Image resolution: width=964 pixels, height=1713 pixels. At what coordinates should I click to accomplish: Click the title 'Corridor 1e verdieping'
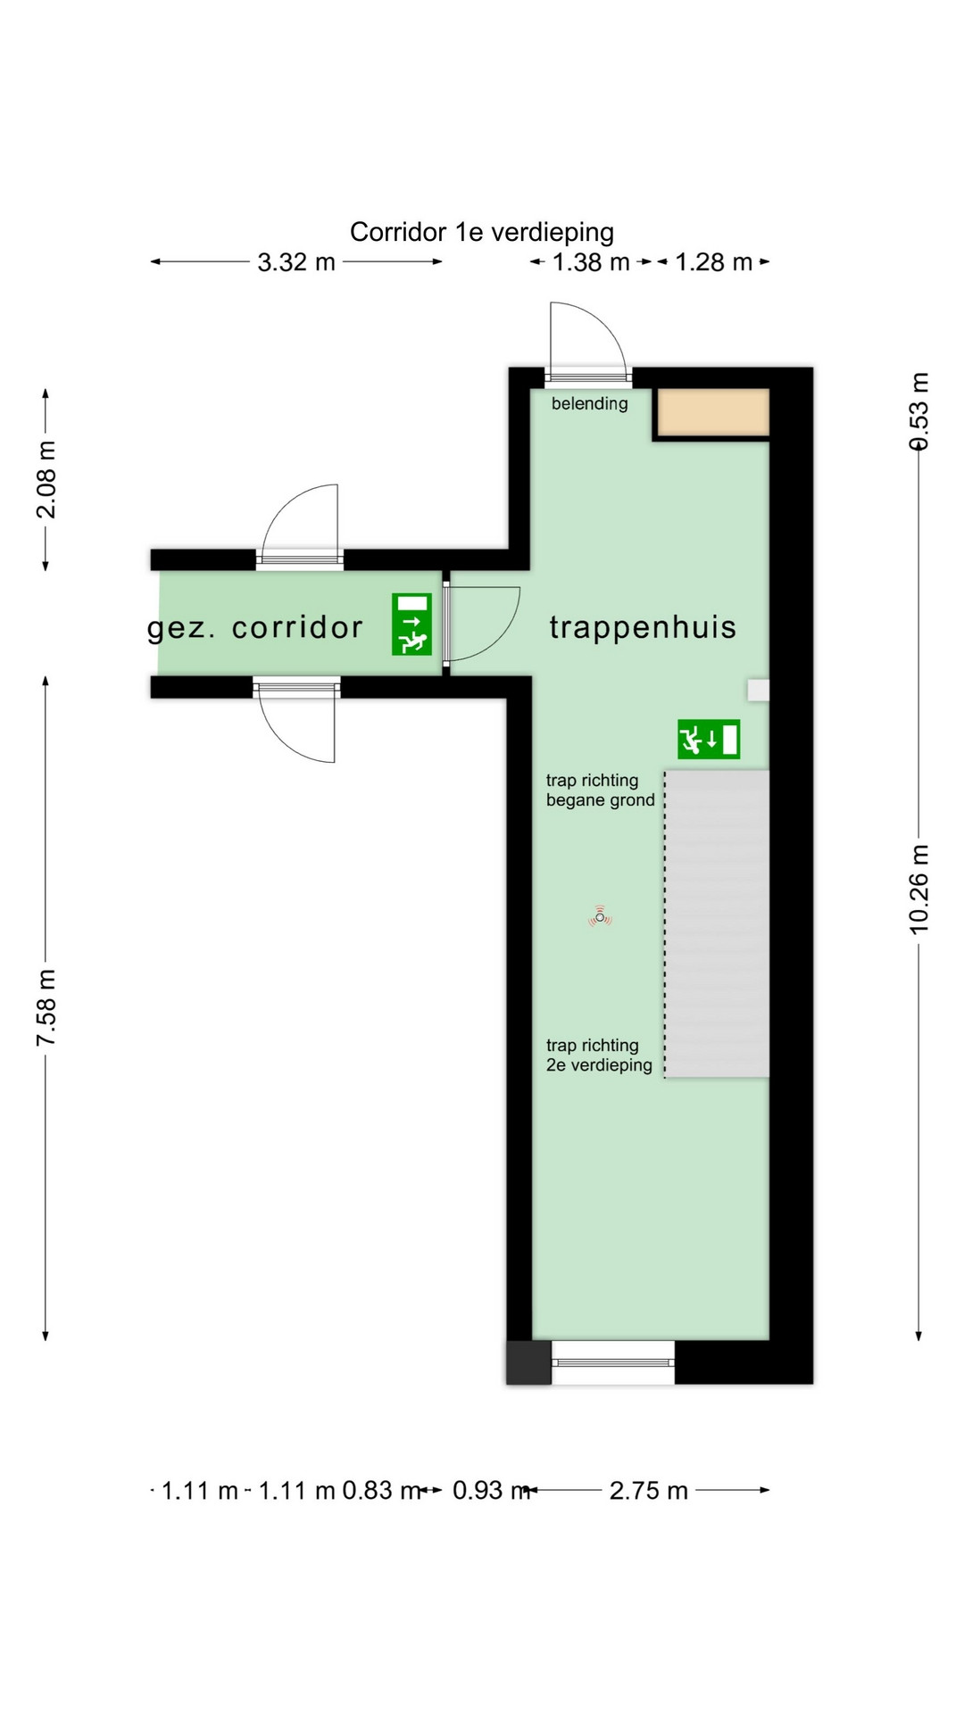[482, 232]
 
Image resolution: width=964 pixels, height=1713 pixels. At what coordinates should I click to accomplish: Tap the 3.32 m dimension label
[296, 262]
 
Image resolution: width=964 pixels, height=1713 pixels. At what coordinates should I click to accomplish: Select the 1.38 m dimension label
[591, 262]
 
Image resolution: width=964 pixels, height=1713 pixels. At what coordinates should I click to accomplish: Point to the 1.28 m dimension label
[713, 262]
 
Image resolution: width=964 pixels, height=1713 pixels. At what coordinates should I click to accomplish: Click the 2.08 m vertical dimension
[46, 479]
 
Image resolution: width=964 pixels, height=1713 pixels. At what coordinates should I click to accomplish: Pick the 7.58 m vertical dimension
[46, 1007]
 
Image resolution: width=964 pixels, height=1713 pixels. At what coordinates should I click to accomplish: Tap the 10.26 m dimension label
[919, 890]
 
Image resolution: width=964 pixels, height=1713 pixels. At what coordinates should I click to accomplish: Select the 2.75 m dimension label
[649, 1491]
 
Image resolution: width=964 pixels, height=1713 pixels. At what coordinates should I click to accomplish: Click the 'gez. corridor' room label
[255, 628]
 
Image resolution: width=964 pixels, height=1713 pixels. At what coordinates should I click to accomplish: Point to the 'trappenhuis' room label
[643, 627]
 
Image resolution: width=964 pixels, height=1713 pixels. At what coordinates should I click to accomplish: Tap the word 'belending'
[589, 403]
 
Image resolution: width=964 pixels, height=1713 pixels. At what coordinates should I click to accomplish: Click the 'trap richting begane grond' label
[600, 790]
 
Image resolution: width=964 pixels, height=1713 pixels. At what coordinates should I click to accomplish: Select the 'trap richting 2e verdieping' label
[599, 1055]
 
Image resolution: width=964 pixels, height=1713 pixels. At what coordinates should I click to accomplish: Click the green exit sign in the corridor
[411, 625]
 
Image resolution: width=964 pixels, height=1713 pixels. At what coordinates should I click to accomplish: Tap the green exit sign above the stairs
[709, 740]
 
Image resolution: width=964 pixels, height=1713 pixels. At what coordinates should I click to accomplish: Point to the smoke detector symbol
[601, 917]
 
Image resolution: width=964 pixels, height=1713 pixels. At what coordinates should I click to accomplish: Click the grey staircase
[718, 923]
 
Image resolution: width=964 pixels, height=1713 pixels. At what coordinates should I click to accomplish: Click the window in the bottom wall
[612, 1362]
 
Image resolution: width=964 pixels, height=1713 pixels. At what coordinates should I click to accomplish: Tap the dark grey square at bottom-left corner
[528, 1362]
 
